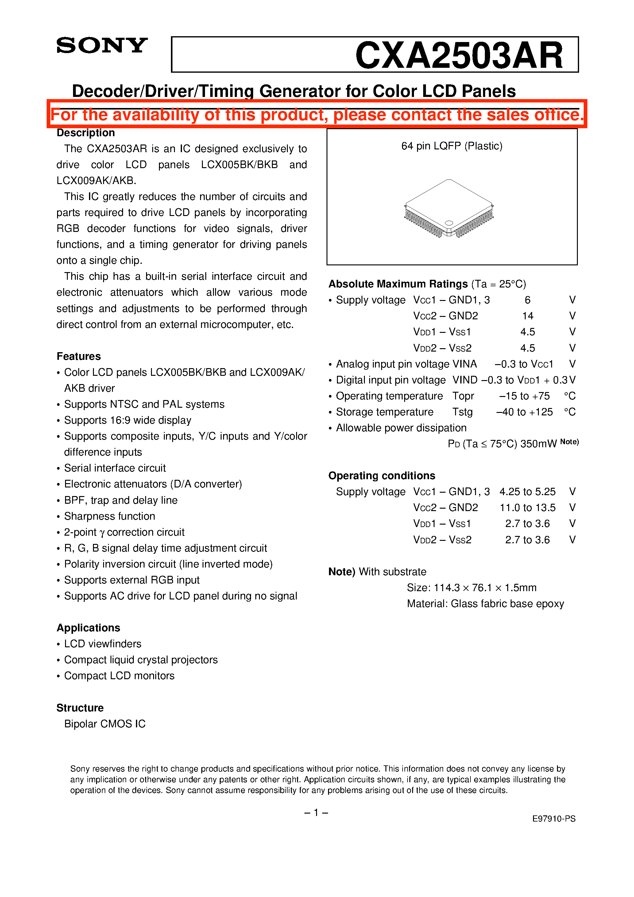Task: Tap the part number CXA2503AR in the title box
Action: tap(458, 56)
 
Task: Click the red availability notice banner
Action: tap(317, 114)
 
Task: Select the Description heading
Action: tap(86, 133)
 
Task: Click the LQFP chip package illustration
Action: tap(449, 209)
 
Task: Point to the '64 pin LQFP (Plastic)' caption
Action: tap(451, 146)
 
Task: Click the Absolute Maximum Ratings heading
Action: tap(398, 284)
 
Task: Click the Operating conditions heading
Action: tap(381, 475)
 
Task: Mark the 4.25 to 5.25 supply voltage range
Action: tap(527, 491)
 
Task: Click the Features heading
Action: tap(79, 356)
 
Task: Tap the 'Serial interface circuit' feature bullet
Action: tap(115, 468)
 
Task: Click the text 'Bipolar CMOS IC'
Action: tap(105, 724)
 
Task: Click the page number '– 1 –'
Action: tap(316, 813)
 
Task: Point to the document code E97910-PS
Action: tap(554, 818)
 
